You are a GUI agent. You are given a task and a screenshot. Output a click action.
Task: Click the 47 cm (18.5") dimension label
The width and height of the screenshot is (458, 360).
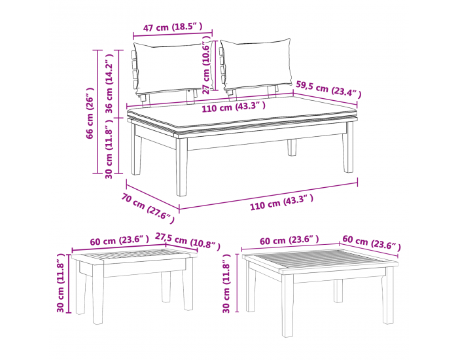(173, 27)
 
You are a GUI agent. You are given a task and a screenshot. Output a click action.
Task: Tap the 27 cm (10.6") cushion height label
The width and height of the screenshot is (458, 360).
(206, 65)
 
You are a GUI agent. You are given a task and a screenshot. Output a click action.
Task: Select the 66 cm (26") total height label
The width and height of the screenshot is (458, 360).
(90, 113)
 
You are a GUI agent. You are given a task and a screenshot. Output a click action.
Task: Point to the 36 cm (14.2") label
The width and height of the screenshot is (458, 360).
(109, 84)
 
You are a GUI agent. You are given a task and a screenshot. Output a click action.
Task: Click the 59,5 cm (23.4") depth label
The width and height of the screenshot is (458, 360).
(328, 89)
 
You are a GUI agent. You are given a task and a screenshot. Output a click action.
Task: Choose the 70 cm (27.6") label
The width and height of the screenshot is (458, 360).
(148, 207)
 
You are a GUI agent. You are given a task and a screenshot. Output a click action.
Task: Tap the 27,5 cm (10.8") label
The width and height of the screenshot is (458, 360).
(187, 241)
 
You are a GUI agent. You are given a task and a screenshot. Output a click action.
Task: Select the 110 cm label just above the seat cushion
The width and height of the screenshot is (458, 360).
(234, 107)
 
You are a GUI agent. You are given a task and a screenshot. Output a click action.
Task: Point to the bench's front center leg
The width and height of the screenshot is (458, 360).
(182, 166)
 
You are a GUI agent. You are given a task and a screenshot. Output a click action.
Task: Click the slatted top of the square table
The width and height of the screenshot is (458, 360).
(320, 259)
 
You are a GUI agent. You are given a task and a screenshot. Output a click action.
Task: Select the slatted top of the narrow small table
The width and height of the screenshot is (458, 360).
(134, 255)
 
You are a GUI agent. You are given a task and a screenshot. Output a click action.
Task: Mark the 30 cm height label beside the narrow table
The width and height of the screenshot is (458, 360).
(60, 283)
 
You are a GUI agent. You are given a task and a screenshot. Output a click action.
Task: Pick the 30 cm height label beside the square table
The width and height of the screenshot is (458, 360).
(226, 283)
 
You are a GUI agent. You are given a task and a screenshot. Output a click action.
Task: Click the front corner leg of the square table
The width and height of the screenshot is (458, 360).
(287, 306)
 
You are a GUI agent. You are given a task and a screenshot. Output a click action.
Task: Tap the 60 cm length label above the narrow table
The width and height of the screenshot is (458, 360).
(120, 241)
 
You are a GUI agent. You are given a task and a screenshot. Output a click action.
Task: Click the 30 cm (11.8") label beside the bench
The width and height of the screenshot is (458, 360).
(109, 149)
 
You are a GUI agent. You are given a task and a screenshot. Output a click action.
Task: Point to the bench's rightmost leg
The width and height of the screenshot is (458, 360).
(348, 147)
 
